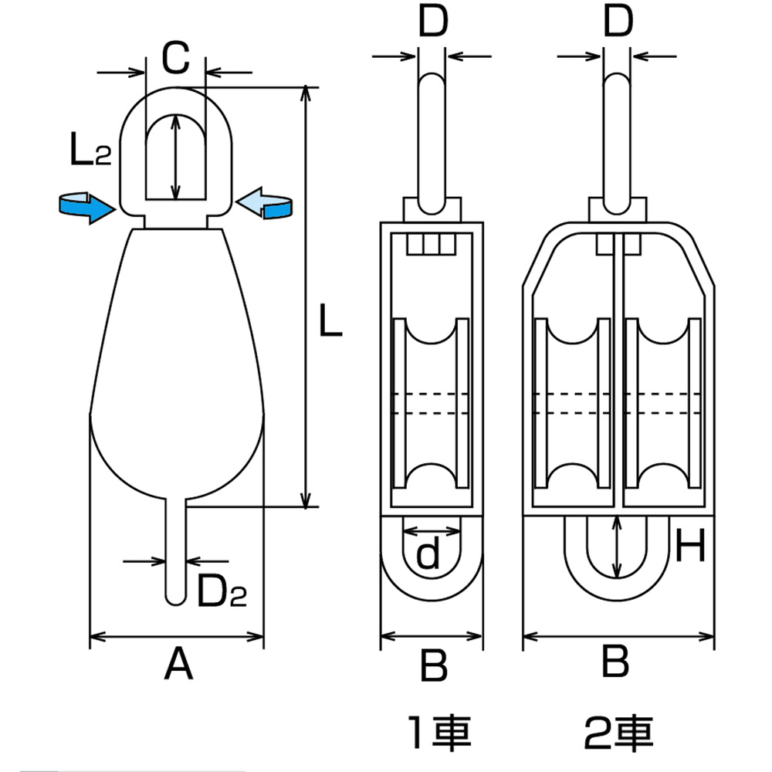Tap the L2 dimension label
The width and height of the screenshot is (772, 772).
[x=91, y=150]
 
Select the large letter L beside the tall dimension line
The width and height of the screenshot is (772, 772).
[x=330, y=320]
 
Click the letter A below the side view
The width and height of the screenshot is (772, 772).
[x=178, y=664]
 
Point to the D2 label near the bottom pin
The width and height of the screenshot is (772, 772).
[x=222, y=591]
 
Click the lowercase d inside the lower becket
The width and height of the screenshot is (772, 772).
[x=428, y=552]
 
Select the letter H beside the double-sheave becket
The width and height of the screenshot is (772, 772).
[x=690, y=545]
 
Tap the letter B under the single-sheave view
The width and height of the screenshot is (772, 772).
[x=434, y=665]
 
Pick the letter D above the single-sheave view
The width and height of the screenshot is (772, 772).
[x=433, y=21]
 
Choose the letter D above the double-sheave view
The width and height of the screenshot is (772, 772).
[x=618, y=21]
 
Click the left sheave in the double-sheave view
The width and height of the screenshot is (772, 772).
[x=572, y=403]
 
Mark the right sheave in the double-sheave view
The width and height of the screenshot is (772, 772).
[x=662, y=403]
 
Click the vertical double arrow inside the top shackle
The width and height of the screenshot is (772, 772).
[x=175, y=157]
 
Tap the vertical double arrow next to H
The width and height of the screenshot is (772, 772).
[x=616, y=547]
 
